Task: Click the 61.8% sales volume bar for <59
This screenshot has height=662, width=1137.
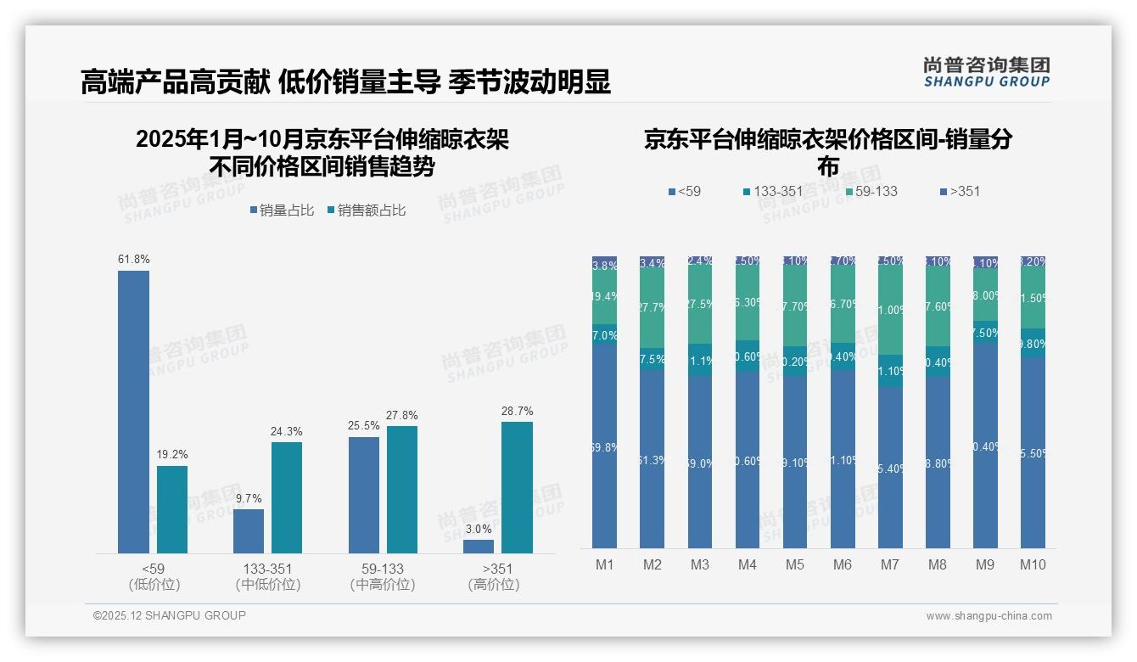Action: pyautogui.click(x=133, y=412)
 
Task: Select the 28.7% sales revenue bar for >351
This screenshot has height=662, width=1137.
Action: pyautogui.click(x=517, y=487)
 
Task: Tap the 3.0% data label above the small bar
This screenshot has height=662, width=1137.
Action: pyautogui.click(x=479, y=529)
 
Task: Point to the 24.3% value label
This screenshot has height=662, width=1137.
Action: pyautogui.click(x=287, y=431)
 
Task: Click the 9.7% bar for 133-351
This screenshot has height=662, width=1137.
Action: pyautogui.click(x=249, y=531)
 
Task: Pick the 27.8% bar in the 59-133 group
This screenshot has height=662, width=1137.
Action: pyautogui.click(x=402, y=490)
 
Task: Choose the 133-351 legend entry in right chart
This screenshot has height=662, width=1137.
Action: pyautogui.click(x=772, y=191)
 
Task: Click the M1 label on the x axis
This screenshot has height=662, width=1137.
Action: pyautogui.click(x=605, y=564)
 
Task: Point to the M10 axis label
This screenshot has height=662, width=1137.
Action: pyautogui.click(x=1032, y=564)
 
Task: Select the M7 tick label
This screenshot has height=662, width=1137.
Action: pyautogui.click(x=889, y=564)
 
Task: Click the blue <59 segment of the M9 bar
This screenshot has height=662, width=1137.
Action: pyautogui.click(x=984, y=446)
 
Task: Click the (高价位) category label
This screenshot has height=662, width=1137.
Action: pyautogui.click(x=493, y=585)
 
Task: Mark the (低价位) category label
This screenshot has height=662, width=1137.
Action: pyautogui.click(x=154, y=585)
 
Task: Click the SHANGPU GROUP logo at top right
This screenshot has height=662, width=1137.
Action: pyautogui.click(x=986, y=72)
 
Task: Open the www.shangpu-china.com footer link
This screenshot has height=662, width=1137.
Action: pyautogui.click(x=989, y=616)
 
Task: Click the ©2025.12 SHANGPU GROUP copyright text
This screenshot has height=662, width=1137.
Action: pyautogui.click(x=170, y=615)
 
